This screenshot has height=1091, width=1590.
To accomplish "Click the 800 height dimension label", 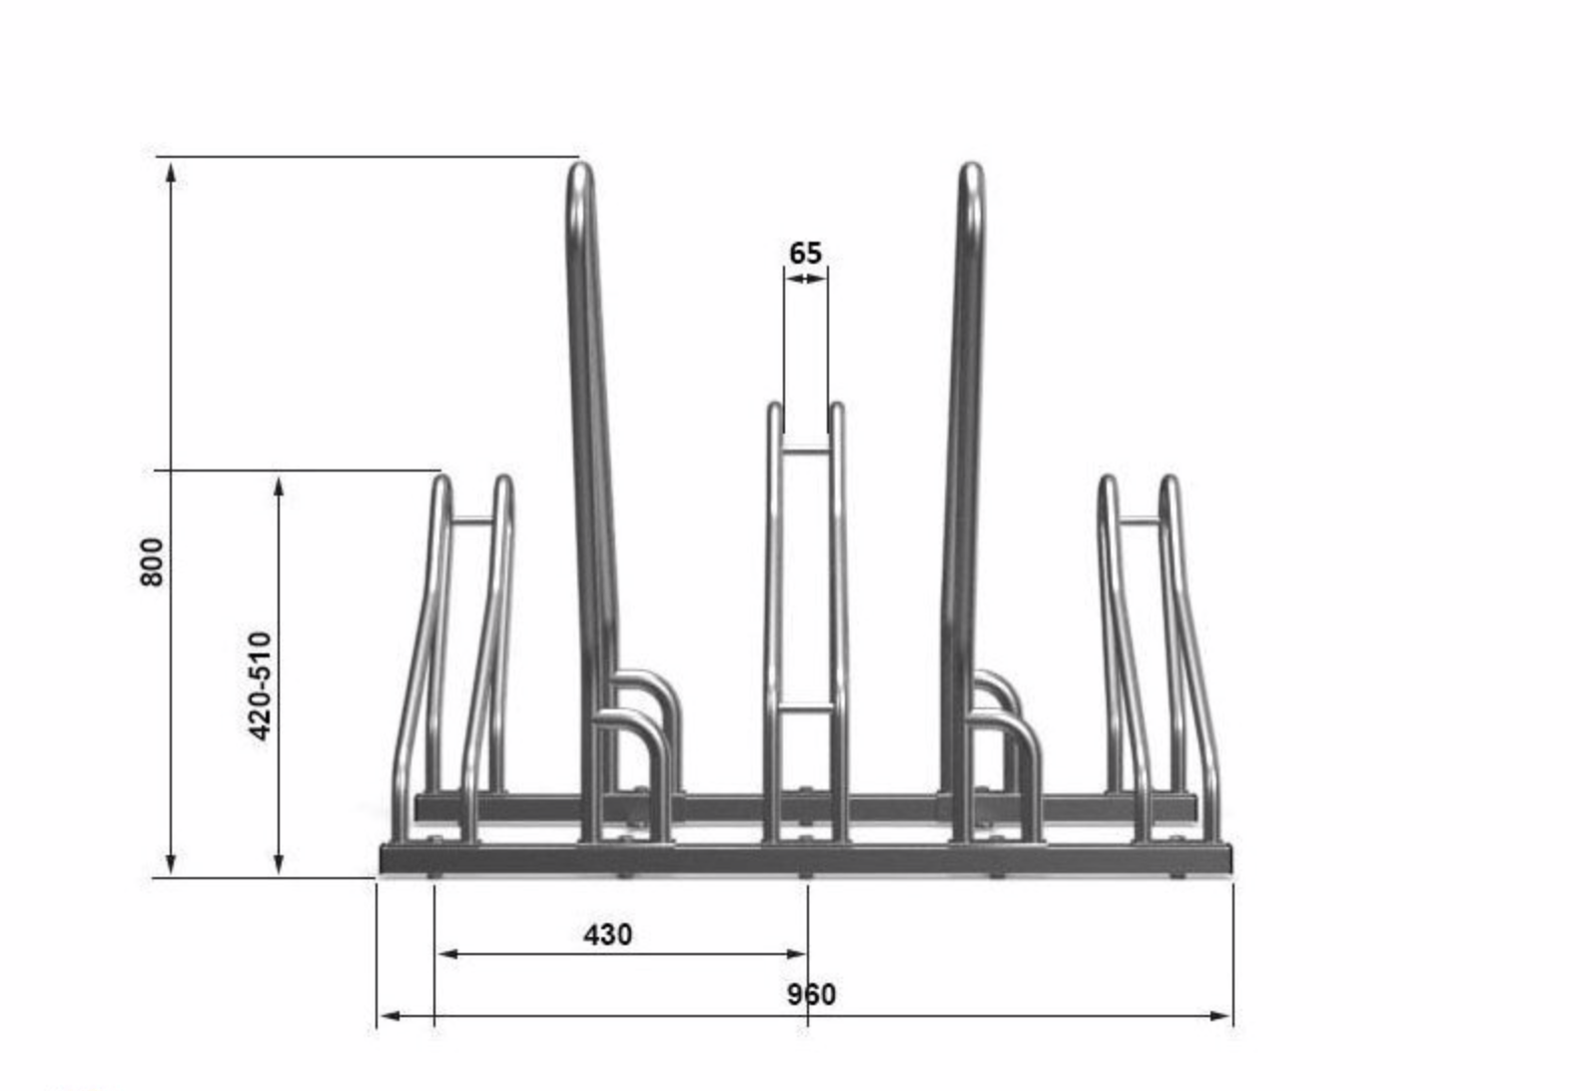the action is [x=152, y=561].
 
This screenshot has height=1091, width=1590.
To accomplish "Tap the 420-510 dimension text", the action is [x=261, y=685].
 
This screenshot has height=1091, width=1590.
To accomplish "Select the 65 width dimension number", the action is [x=806, y=253].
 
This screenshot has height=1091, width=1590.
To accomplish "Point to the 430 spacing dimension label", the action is [x=607, y=935].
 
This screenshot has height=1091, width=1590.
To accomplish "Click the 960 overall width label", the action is [x=811, y=994].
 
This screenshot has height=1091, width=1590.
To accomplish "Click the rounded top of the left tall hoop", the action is [x=580, y=175].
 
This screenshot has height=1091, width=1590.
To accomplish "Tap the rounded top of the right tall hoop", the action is [x=971, y=175].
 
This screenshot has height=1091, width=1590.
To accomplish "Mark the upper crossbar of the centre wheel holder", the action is [x=805, y=449].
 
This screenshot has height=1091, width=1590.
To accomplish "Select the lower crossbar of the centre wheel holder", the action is [x=805, y=706].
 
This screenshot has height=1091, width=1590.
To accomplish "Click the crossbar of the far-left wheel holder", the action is [x=471, y=521].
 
